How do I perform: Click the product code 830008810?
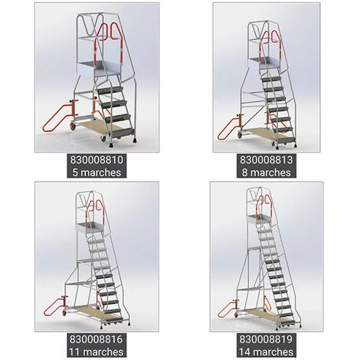click(97, 160)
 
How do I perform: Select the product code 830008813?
click(266, 160)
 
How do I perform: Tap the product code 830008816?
click(97, 339)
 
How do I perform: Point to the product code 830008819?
click(266, 339)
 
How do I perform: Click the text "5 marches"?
click(97, 172)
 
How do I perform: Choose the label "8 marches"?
click(267, 172)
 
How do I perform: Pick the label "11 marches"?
click(97, 352)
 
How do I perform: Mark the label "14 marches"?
click(266, 352)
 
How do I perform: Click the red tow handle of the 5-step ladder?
click(57, 117)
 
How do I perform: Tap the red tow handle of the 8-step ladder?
click(228, 129)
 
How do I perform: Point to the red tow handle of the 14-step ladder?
click(227, 309)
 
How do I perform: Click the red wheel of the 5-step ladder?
click(72, 126)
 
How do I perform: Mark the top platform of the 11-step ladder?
click(90, 227)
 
